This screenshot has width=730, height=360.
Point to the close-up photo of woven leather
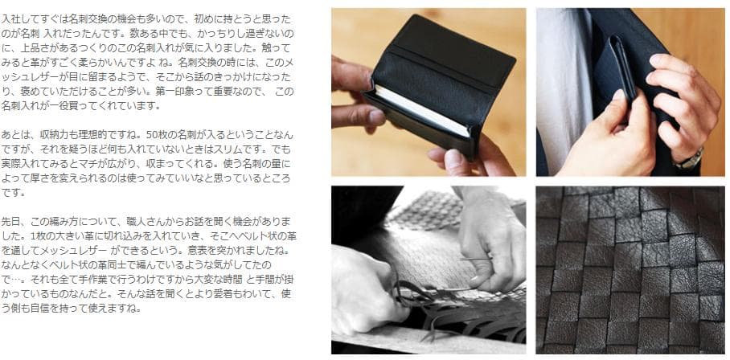(x=630, y=270)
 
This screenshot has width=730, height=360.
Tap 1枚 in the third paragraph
(x=37, y=235)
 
